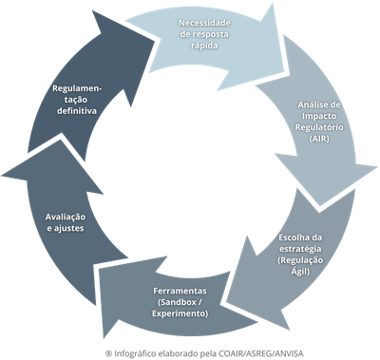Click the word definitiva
(79, 111)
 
